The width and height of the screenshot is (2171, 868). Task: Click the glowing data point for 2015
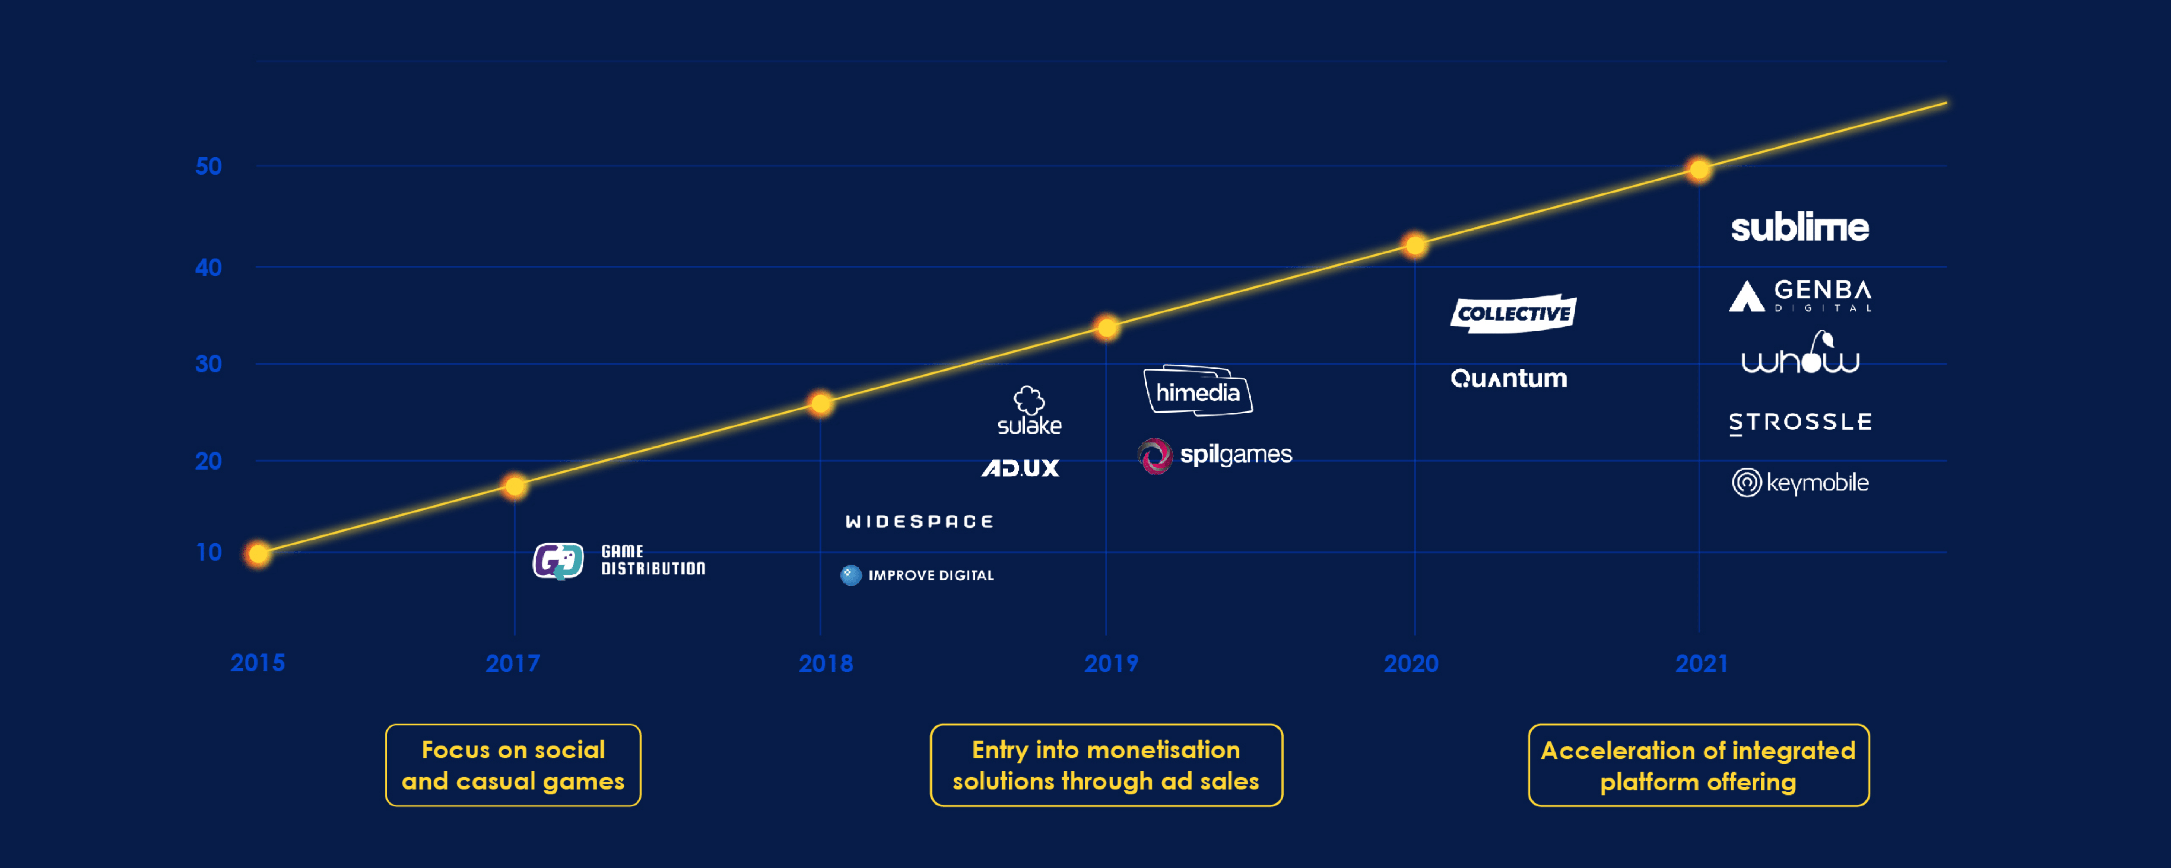tap(259, 554)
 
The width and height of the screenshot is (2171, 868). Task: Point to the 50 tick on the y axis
tap(208, 166)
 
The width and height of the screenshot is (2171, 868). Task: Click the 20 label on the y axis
tap(208, 461)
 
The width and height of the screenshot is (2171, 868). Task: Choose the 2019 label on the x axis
tap(1111, 663)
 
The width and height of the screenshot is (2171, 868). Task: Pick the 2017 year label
tap(512, 663)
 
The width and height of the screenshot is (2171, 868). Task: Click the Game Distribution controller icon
tap(558, 560)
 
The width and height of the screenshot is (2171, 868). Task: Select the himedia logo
tap(1198, 390)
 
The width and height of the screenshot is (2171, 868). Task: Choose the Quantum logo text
tap(1509, 378)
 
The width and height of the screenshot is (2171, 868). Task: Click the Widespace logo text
tap(919, 522)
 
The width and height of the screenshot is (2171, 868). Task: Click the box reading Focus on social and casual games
tap(513, 765)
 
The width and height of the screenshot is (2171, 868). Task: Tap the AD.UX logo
tap(1021, 468)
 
